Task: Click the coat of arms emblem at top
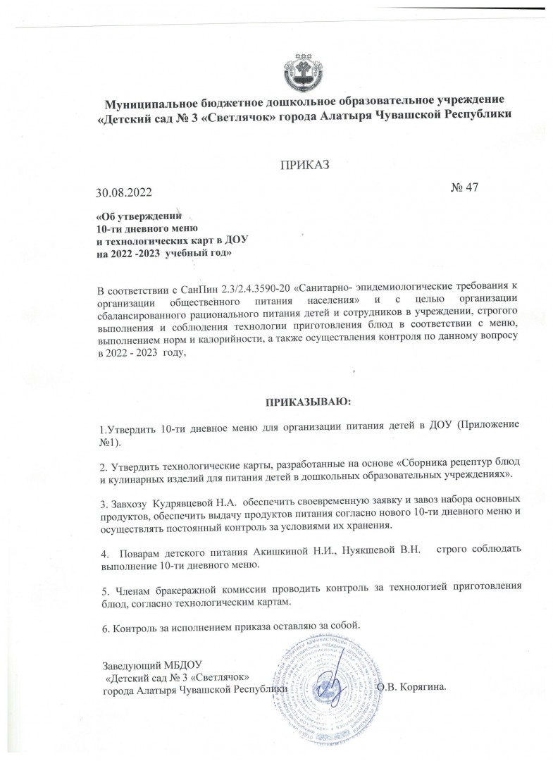305,66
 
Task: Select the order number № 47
464,187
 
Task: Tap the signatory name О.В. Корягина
412,686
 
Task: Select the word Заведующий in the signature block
128,665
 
